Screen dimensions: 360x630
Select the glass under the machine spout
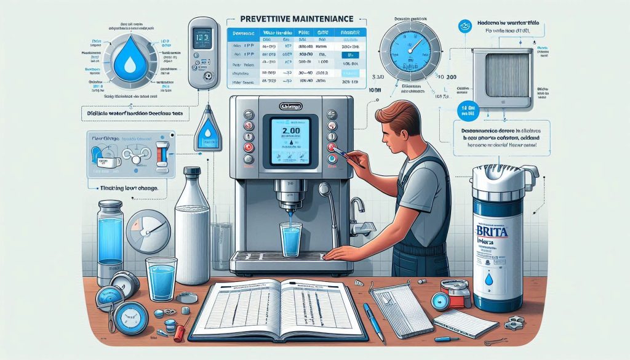pyautogui.click(x=290, y=239)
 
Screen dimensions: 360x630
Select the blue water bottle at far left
pyautogui.click(x=111, y=234)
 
